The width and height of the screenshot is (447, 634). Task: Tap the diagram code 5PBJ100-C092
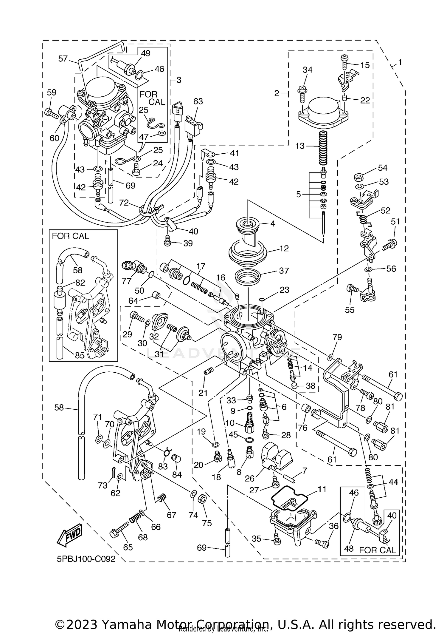(x=86, y=559)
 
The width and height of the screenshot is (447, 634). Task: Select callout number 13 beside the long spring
(x=300, y=146)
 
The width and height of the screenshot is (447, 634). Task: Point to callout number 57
(x=63, y=58)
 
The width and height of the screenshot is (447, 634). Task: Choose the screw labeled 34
(x=302, y=91)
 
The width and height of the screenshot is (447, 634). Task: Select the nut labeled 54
(x=358, y=178)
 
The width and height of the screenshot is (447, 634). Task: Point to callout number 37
(x=284, y=271)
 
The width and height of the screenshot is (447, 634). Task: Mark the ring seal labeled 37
(x=248, y=276)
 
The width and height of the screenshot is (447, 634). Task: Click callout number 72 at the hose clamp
(x=124, y=203)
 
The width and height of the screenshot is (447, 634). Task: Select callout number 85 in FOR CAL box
(x=80, y=355)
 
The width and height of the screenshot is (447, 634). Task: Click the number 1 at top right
(x=400, y=63)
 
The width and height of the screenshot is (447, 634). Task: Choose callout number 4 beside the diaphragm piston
(x=272, y=223)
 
